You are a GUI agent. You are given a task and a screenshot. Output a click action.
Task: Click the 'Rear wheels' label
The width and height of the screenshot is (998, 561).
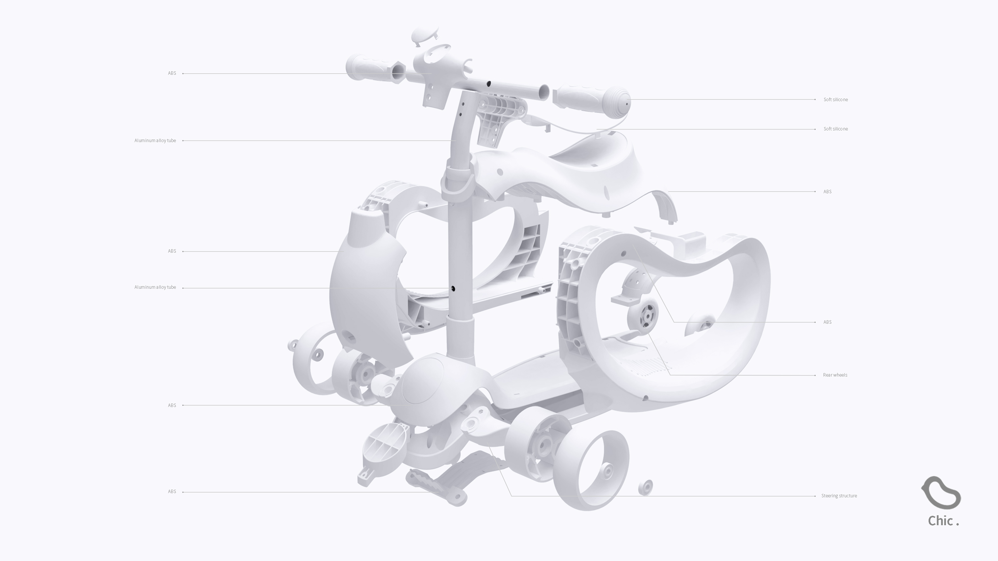pyautogui.click(x=835, y=375)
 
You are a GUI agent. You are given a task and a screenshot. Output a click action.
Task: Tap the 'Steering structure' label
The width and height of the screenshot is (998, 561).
pyautogui.click(x=839, y=496)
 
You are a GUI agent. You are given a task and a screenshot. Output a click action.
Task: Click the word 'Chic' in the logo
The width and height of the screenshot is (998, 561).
pyautogui.click(x=940, y=521)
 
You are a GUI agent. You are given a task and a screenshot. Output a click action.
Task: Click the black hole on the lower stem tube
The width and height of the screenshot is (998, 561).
pyautogui.click(x=453, y=289)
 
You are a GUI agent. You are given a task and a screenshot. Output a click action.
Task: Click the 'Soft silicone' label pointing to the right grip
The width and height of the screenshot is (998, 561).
pyautogui.click(x=835, y=99)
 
